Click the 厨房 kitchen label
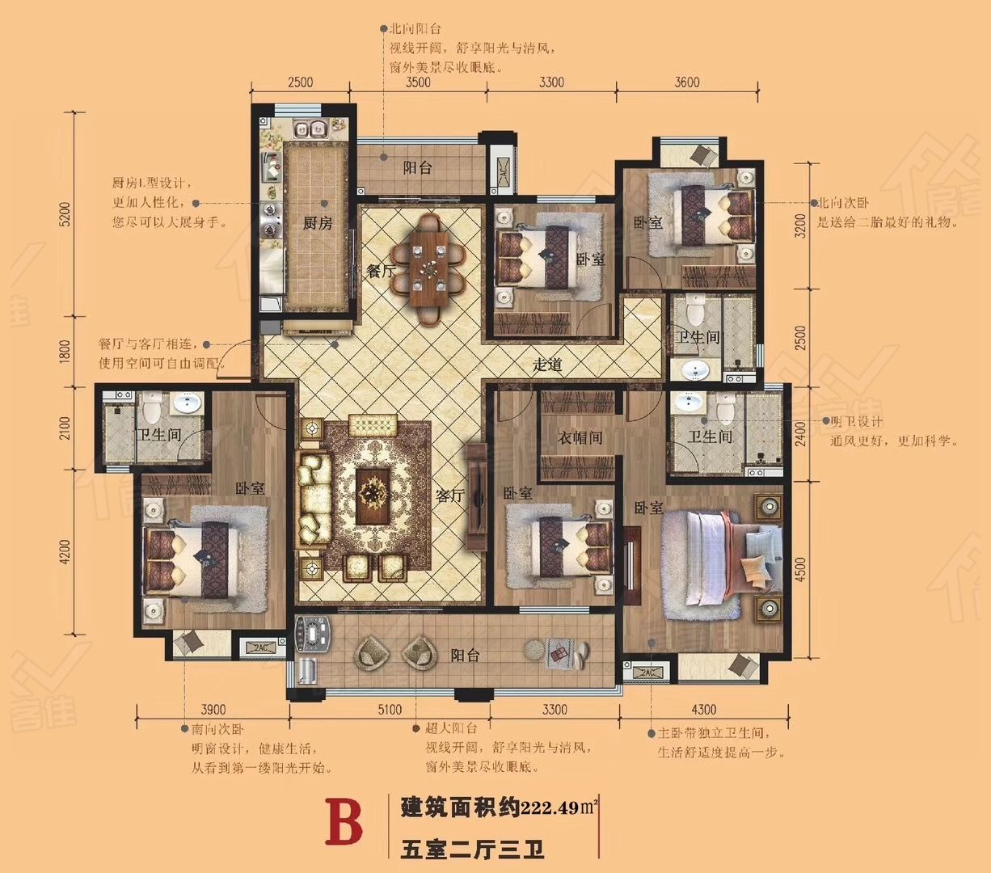coord(318,223)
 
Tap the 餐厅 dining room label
coord(381,271)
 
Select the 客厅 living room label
coord(450,496)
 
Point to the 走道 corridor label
coord(547,364)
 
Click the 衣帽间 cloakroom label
coord(580,437)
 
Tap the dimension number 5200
coord(66,214)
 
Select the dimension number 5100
coord(390,709)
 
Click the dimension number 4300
coord(704,709)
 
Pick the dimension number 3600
coord(687,82)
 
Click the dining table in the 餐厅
coord(429,268)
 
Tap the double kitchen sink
coord(310,129)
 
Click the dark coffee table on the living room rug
coord(373,496)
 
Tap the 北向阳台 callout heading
coord(415,29)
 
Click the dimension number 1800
coord(66,351)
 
